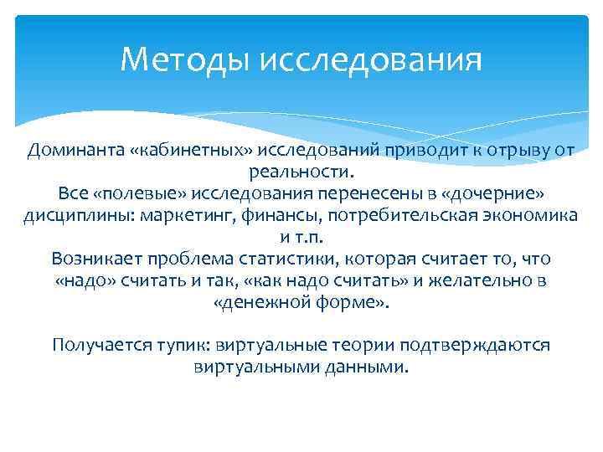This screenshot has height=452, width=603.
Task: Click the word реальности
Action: pyautogui.click(x=301, y=172)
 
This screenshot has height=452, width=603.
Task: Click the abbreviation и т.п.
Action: pyautogui.click(x=301, y=238)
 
